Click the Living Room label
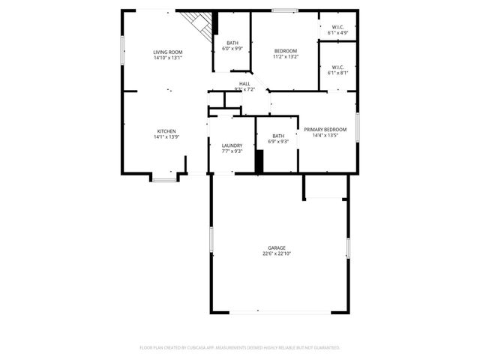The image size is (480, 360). (x=167, y=52)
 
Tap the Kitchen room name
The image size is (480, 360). (x=166, y=130)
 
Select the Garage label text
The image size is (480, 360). (x=277, y=247)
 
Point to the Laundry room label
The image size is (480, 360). (x=231, y=145)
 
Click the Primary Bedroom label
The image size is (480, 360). (x=325, y=129)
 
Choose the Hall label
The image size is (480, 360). (x=244, y=83)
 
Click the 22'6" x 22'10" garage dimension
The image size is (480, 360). (x=277, y=253)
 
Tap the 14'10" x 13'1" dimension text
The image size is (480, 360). (x=167, y=58)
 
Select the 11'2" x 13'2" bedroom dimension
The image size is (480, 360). (x=285, y=56)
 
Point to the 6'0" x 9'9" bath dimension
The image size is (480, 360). (x=232, y=49)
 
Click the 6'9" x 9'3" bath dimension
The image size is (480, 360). (x=278, y=142)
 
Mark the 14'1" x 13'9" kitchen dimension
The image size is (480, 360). (x=166, y=136)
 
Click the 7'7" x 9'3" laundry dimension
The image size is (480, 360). (x=231, y=151)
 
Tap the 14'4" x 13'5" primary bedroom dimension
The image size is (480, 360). (x=325, y=135)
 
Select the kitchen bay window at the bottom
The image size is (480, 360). (x=165, y=178)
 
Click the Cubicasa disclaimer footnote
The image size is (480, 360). (x=240, y=348)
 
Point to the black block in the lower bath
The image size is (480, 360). (x=259, y=161)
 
